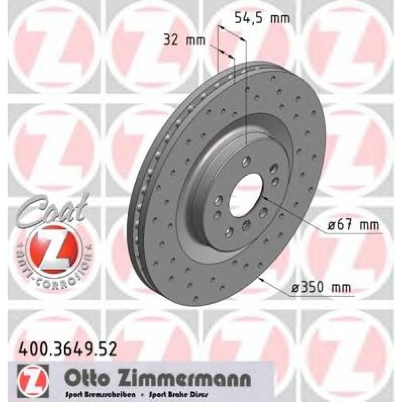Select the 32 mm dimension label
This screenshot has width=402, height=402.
[x=185, y=40]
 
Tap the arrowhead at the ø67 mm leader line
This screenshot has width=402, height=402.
[x=263, y=197]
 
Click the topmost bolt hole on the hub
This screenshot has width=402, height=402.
[x=245, y=162]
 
